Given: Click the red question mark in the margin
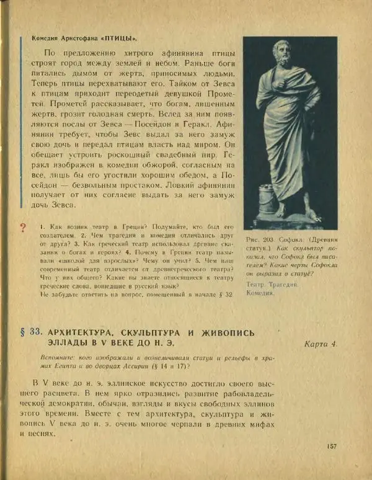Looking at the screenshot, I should point(23,228).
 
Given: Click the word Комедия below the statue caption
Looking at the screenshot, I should point(260,293).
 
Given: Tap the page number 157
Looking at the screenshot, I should point(333,446).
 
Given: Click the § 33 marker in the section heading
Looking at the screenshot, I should point(30,333).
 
